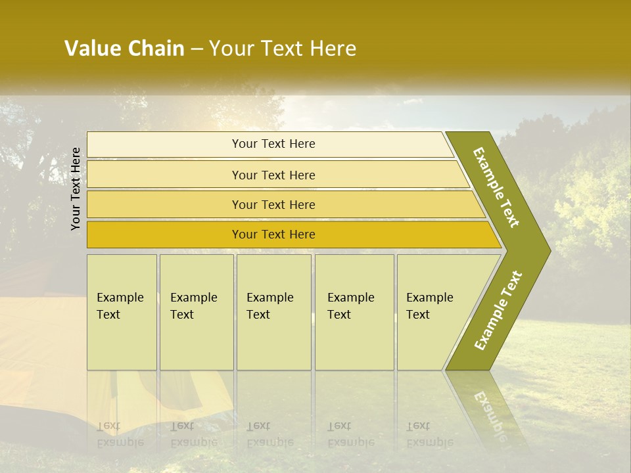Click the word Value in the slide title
tap(91, 49)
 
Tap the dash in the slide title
tap(197, 49)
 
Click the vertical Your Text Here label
tap(76, 189)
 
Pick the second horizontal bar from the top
tap(273, 175)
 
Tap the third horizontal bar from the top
tap(273, 204)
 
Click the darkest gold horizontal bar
tap(273, 235)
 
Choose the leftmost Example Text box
tap(122, 311)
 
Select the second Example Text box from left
tap(196, 311)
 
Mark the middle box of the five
tap(273, 311)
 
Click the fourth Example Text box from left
tap(354, 311)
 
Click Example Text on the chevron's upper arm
tap(496, 187)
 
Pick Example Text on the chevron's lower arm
tap(498, 310)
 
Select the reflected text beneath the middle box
tap(269, 434)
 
